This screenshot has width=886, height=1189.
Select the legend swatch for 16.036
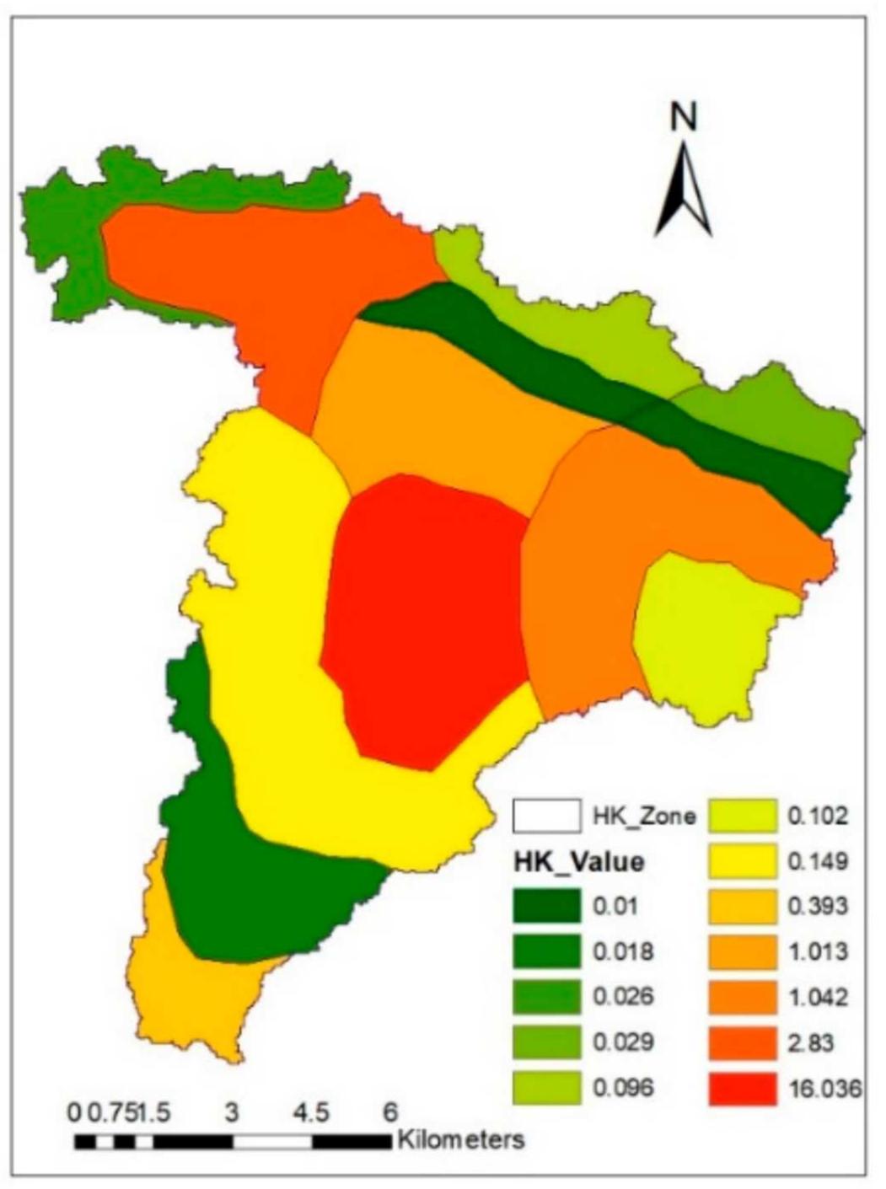[742, 1088]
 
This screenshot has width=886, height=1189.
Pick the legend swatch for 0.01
[546, 907]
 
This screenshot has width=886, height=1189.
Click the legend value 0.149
[817, 861]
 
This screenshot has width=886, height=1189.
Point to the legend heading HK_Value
[578, 861]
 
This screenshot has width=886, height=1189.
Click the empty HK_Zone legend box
[546, 816]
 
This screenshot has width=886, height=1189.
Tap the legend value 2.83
[810, 1042]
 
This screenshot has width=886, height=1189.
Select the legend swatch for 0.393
[742, 907]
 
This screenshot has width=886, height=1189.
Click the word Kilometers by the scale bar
[460, 1140]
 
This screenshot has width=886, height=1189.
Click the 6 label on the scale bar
[390, 1112]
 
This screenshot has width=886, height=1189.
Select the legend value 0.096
[623, 1088]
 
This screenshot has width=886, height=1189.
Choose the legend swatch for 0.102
[742, 816]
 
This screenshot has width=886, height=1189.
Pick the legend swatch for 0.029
[546, 1042]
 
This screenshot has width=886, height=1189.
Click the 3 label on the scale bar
[232, 1112]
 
